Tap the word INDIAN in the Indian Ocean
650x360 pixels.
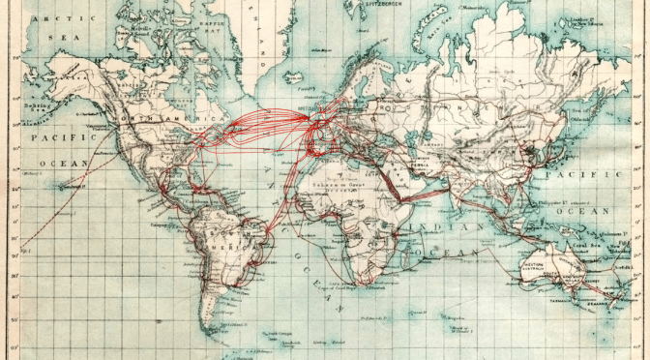coord(433,227)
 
